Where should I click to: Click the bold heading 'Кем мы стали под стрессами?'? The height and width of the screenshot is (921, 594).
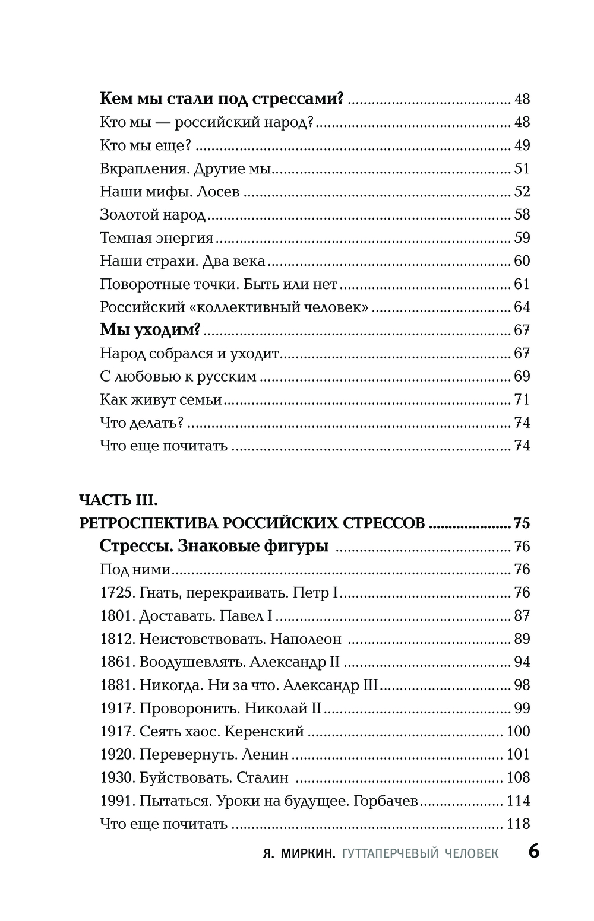click(x=222, y=99)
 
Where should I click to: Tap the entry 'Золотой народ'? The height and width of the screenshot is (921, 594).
click(x=153, y=215)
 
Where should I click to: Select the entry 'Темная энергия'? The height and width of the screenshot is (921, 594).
click(x=156, y=238)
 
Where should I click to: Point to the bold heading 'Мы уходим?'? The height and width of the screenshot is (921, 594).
click(x=150, y=330)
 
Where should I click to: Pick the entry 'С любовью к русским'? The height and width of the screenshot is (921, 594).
click(x=178, y=376)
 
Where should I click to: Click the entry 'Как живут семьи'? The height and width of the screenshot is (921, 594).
click(x=161, y=399)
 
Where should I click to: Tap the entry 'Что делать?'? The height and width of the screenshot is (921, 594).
click(x=142, y=423)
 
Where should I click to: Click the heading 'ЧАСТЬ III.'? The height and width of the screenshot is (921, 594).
click(x=118, y=500)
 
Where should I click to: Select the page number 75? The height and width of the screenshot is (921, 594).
click(x=522, y=523)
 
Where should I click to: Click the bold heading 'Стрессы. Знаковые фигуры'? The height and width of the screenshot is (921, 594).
click(x=214, y=546)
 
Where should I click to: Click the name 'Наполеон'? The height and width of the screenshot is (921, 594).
click(x=306, y=639)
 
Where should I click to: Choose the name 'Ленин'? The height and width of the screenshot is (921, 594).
click(x=265, y=755)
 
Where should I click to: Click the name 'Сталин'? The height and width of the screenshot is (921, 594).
click(x=262, y=778)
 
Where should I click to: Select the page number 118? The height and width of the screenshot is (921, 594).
click(x=518, y=824)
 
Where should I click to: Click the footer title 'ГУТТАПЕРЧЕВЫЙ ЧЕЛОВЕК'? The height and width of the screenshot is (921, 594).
click(x=421, y=853)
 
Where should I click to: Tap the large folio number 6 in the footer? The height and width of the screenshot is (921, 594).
click(x=533, y=852)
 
